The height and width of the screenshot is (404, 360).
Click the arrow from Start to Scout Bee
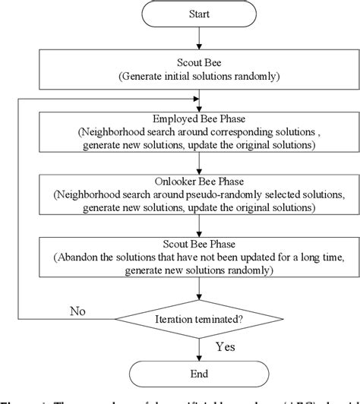tap(199, 40)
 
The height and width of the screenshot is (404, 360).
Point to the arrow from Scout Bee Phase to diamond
tap(199, 292)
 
